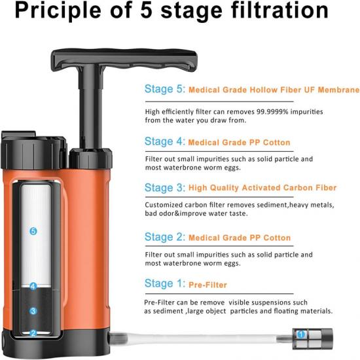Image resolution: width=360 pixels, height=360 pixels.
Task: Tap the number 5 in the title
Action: pyautogui.click(x=147, y=10)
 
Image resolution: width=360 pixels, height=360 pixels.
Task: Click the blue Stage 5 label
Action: pyautogui.click(x=164, y=89)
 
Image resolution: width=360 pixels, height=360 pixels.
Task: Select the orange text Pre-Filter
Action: pyautogui.click(x=207, y=285)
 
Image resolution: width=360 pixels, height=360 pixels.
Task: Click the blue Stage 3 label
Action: pyautogui.click(x=164, y=188)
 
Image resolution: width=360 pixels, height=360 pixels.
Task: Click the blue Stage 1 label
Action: pyautogui.click(x=164, y=283)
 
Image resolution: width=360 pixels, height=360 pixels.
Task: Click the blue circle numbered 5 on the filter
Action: pyautogui.click(x=33, y=231)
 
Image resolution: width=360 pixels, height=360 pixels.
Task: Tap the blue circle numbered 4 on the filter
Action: pyautogui.click(x=33, y=286)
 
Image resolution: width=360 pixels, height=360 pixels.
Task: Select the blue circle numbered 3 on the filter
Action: pyautogui.click(x=33, y=311)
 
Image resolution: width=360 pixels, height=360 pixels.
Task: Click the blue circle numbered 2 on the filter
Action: pyautogui.click(x=33, y=333)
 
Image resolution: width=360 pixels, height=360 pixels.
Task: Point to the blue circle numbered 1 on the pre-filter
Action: pyautogui.click(x=301, y=334)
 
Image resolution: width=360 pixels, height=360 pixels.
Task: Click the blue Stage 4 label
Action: pyautogui.click(x=164, y=141)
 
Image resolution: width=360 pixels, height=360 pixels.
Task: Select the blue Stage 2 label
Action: pyautogui.click(x=164, y=237)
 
